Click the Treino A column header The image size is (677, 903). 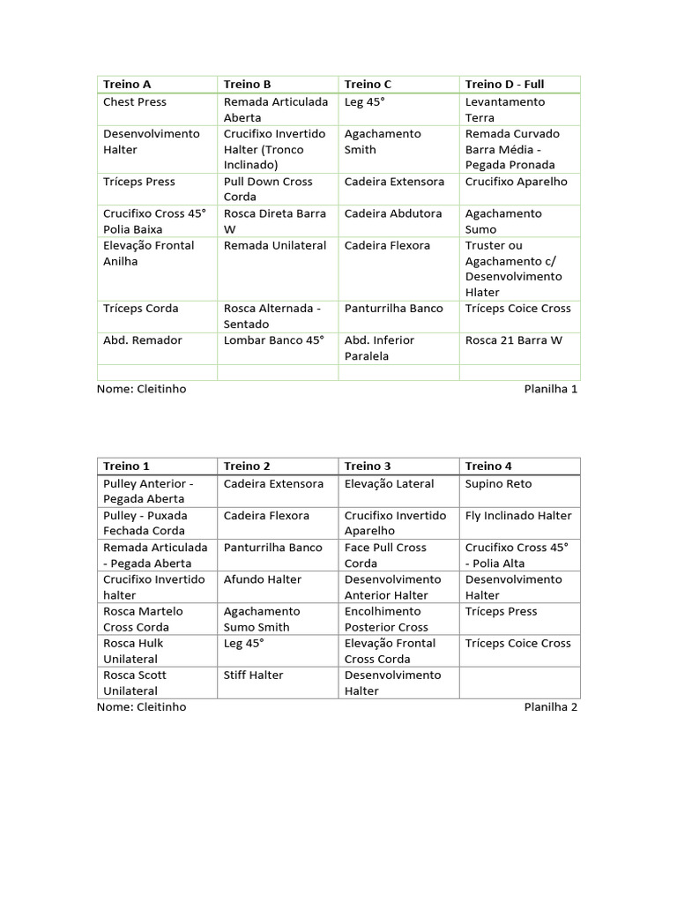coord(127,85)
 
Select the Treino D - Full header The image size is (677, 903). coord(504,85)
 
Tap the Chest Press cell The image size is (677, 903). coord(135,102)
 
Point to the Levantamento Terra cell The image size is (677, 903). coord(505,109)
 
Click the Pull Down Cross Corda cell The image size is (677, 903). coord(268,189)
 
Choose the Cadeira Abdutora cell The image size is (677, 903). coord(393,213)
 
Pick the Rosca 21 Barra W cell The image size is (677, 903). coord(513,340)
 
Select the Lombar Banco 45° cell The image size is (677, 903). coord(274,340)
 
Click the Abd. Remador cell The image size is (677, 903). coord(143,340)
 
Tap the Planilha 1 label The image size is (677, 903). coord(551,389)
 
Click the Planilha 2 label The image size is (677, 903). coord(551,706)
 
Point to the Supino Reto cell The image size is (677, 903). coord(499,483)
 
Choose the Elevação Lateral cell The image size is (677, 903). coord(390,483)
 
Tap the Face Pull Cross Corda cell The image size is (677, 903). coord(385,555)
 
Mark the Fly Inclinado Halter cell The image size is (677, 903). coord(518,516)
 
